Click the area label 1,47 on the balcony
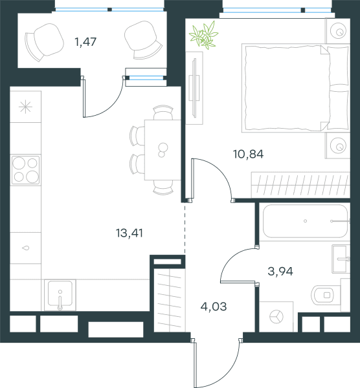click(x=85, y=42)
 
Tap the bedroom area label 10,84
click(x=248, y=154)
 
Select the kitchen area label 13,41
click(x=129, y=233)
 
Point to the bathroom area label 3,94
click(x=280, y=272)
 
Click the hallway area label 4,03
click(x=214, y=307)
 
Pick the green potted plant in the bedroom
click(x=204, y=35)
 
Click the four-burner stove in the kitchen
click(x=25, y=169)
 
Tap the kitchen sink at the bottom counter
click(x=60, y=295)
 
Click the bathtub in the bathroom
click(x=305, y=221)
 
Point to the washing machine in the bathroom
click(x=276, y=317)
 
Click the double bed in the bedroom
click(x=296, y=88)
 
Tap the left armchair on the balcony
click(x=44, y=42)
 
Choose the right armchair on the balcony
click(x=144, y=40)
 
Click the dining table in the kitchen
click(x=163, y=150)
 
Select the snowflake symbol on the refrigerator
click(x=25, y=107)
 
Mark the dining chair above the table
click(x=163, y=113)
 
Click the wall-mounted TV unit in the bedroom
click(x=194, y=88)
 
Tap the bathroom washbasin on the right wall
click(x=341, y=259)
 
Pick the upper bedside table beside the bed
click(x=337, y=31)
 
